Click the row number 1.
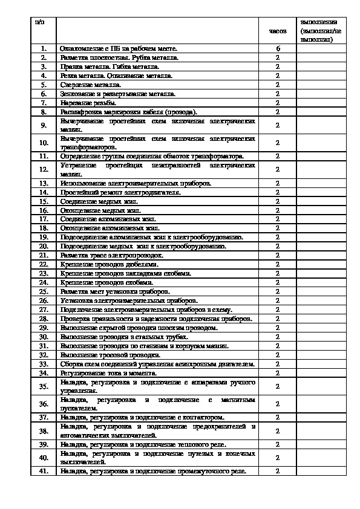pos(44,48)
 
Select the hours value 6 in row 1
pos(277,48)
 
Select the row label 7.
pos(44,103)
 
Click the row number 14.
pos(44,192)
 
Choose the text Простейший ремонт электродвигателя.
pos(120,192)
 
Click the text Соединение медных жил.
pos(99,201)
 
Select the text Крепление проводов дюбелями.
pos(110,264)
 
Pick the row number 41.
pos(44,472)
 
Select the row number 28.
pos(44,319)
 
